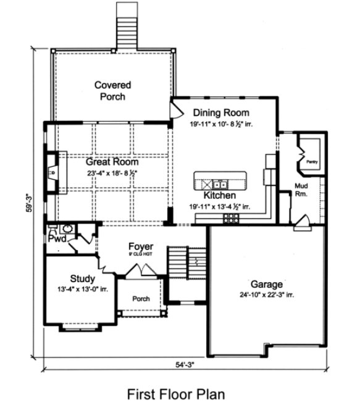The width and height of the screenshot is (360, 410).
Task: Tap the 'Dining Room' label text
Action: tap(221, 113)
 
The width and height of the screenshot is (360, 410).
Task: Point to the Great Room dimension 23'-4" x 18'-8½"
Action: tap(113, 173)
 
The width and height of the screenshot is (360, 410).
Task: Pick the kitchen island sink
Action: tap(219, 183)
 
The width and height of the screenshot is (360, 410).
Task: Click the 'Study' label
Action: tap(82, 278)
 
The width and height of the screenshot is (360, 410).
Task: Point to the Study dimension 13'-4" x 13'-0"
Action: tap(82, 289)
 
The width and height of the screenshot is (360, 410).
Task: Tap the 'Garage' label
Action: tap(267, 285)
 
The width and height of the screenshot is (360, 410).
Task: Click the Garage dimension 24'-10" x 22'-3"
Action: tap(267, 295)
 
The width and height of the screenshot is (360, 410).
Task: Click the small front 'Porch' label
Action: tap(141, 299)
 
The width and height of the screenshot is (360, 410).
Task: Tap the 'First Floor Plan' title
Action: tap(176, 393)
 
